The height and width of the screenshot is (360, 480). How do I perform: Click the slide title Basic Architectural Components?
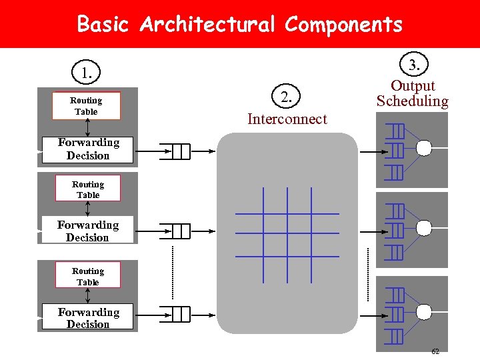coord(240,25)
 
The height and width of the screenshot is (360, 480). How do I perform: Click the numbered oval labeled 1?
coord(87,72)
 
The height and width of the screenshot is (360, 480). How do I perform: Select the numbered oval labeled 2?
coord(286,97)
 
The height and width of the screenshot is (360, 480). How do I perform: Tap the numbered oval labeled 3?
coord(414,65)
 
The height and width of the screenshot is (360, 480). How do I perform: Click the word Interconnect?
coord(287,119)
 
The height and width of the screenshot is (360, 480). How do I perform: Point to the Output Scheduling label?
coord(413,93)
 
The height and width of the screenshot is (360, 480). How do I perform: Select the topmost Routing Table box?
coord(87,106)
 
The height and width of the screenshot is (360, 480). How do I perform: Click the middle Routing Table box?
coord(88,189)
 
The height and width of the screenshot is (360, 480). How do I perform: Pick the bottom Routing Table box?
coord(88,276)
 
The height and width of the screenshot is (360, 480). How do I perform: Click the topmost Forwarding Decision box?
coord(88,149)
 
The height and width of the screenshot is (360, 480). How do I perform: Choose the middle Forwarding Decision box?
coord(87,231)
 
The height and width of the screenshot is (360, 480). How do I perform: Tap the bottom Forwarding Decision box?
coord(88,318)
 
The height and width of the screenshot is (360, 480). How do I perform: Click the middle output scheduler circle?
coord(423,228)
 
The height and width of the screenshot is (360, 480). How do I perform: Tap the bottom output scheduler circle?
coord(423,311)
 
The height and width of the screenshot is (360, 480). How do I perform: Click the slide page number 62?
coord(435,351)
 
